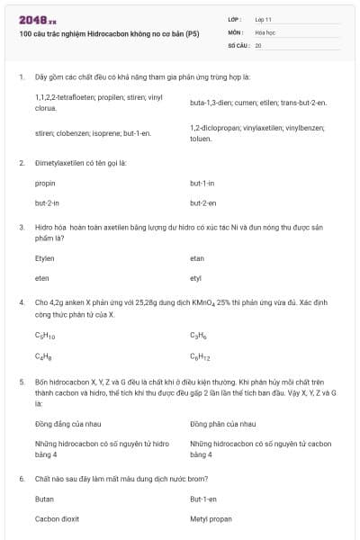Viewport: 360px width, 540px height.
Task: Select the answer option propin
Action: (x=45, y=183)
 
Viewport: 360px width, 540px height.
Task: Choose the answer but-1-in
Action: (x=202, y=183)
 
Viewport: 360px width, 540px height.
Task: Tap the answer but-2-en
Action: (x=202, y=203)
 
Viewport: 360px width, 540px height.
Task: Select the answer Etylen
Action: (x=45, y=257)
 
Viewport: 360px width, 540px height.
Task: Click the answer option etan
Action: (x=197, y=257)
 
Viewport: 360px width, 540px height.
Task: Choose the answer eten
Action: (x=41, y=278)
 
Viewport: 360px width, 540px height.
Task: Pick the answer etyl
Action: (x=196, y=278)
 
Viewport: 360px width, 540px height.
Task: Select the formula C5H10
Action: (x=45, y=336)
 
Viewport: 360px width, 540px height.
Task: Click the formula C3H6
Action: (x=199, y=336)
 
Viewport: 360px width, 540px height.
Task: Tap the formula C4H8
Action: (x=43, y=356)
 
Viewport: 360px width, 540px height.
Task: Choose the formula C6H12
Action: (x=201, y=356)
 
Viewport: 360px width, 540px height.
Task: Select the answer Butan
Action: (x=44, y=499)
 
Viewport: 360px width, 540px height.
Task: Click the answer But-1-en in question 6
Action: (x=203, y=499)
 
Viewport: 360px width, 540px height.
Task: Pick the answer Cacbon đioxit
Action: (x=57, y=519)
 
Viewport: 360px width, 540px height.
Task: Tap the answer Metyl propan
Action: (x=211, y=519)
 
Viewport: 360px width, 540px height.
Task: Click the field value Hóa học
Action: (x=265, y=31)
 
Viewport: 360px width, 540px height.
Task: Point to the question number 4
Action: (x=21, y=303)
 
